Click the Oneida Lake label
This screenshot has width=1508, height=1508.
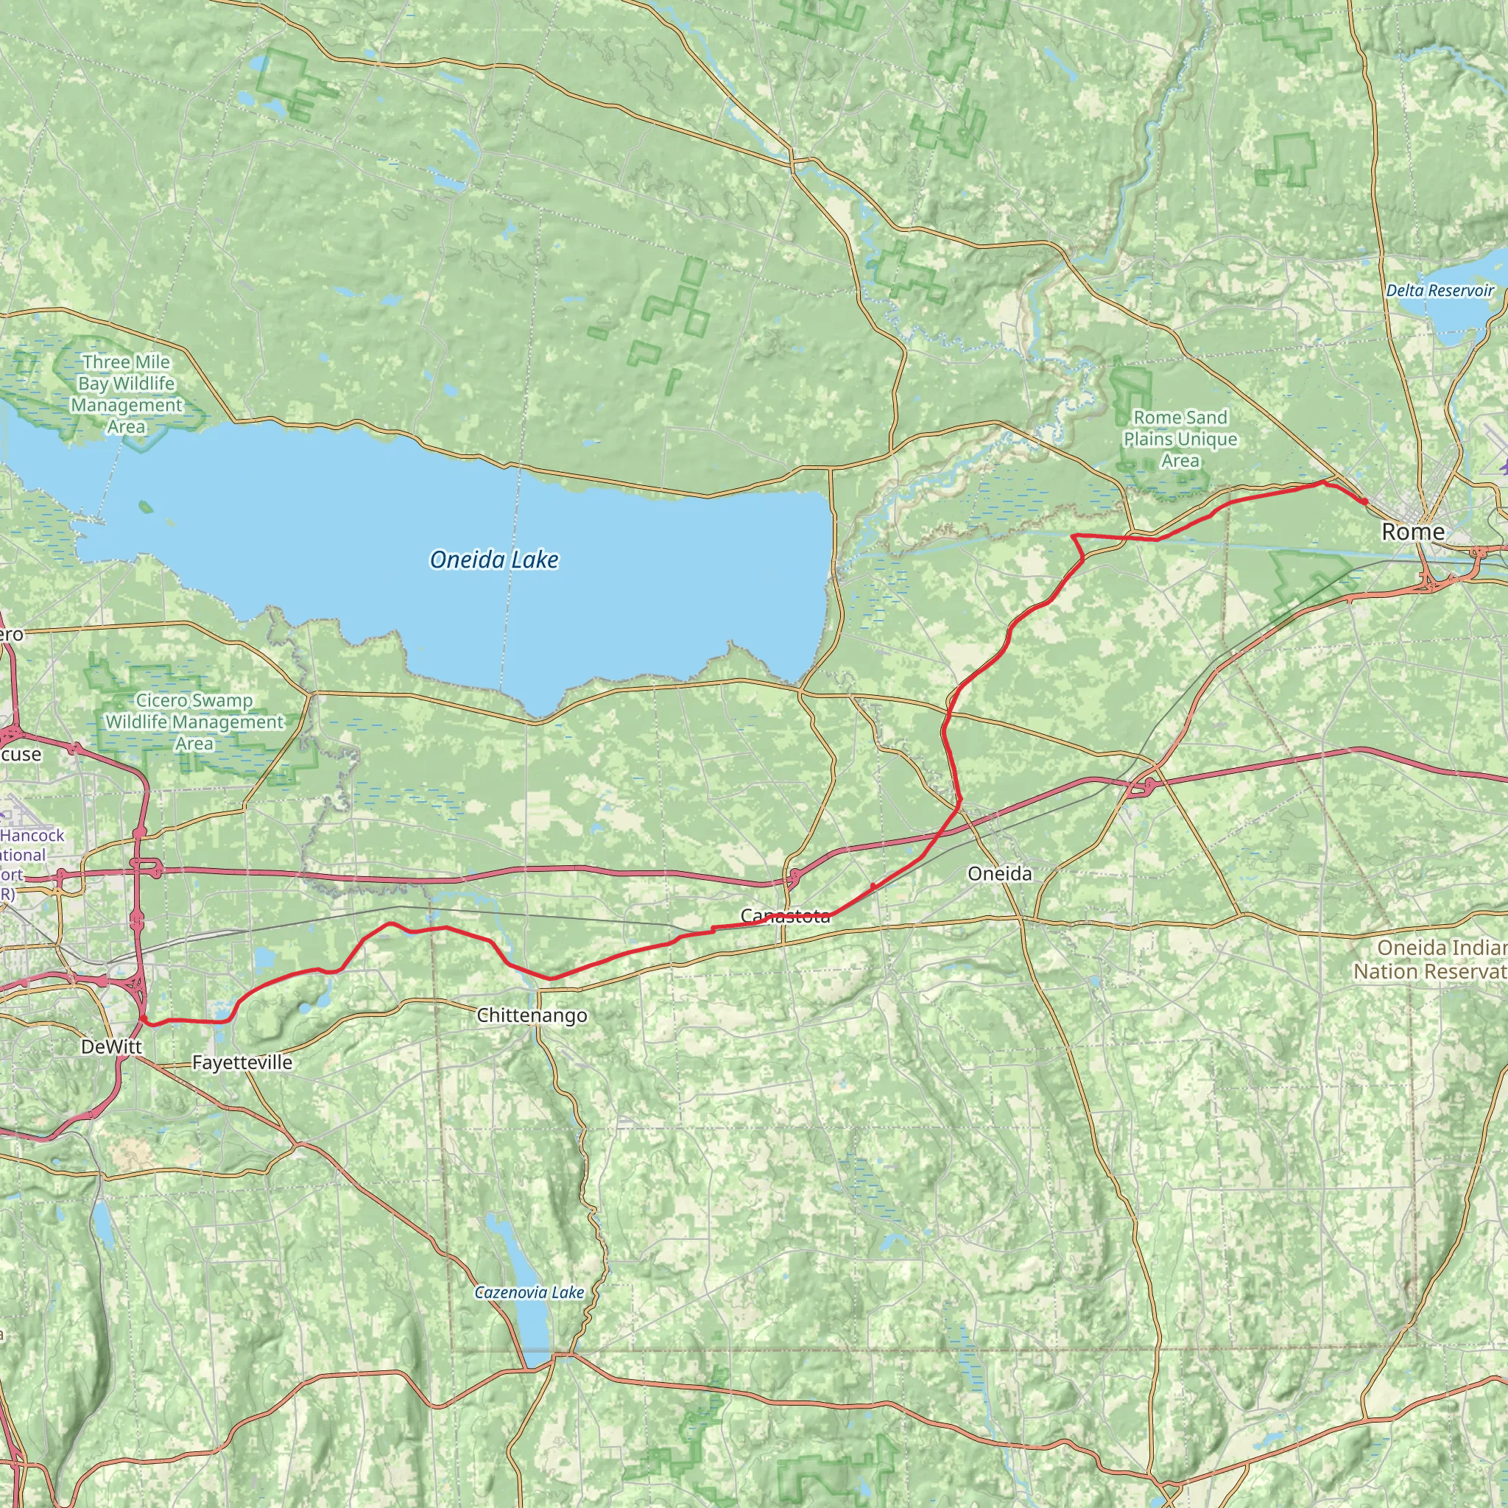point(494,560)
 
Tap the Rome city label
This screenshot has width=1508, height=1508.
point(1413,532)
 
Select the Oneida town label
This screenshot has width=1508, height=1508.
point(999,873)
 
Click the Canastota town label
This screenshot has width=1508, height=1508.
point(785,915)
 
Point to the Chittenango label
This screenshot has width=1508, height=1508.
point(532,1015)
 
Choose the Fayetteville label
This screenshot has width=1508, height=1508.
point(242,1063)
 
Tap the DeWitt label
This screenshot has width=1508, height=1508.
point(112,1048)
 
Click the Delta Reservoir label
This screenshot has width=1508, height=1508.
point(1440,290)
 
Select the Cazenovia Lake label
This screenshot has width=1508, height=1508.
point(529,1292)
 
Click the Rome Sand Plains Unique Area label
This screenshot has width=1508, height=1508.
point(1180,440)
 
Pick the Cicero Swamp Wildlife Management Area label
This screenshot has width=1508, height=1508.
point(194,722)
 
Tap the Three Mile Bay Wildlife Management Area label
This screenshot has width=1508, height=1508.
point(127,394)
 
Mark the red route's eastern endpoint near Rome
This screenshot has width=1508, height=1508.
point(1365,501)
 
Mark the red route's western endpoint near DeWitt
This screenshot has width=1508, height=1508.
point(144,1019)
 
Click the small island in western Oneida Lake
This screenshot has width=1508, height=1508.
point(146,507)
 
